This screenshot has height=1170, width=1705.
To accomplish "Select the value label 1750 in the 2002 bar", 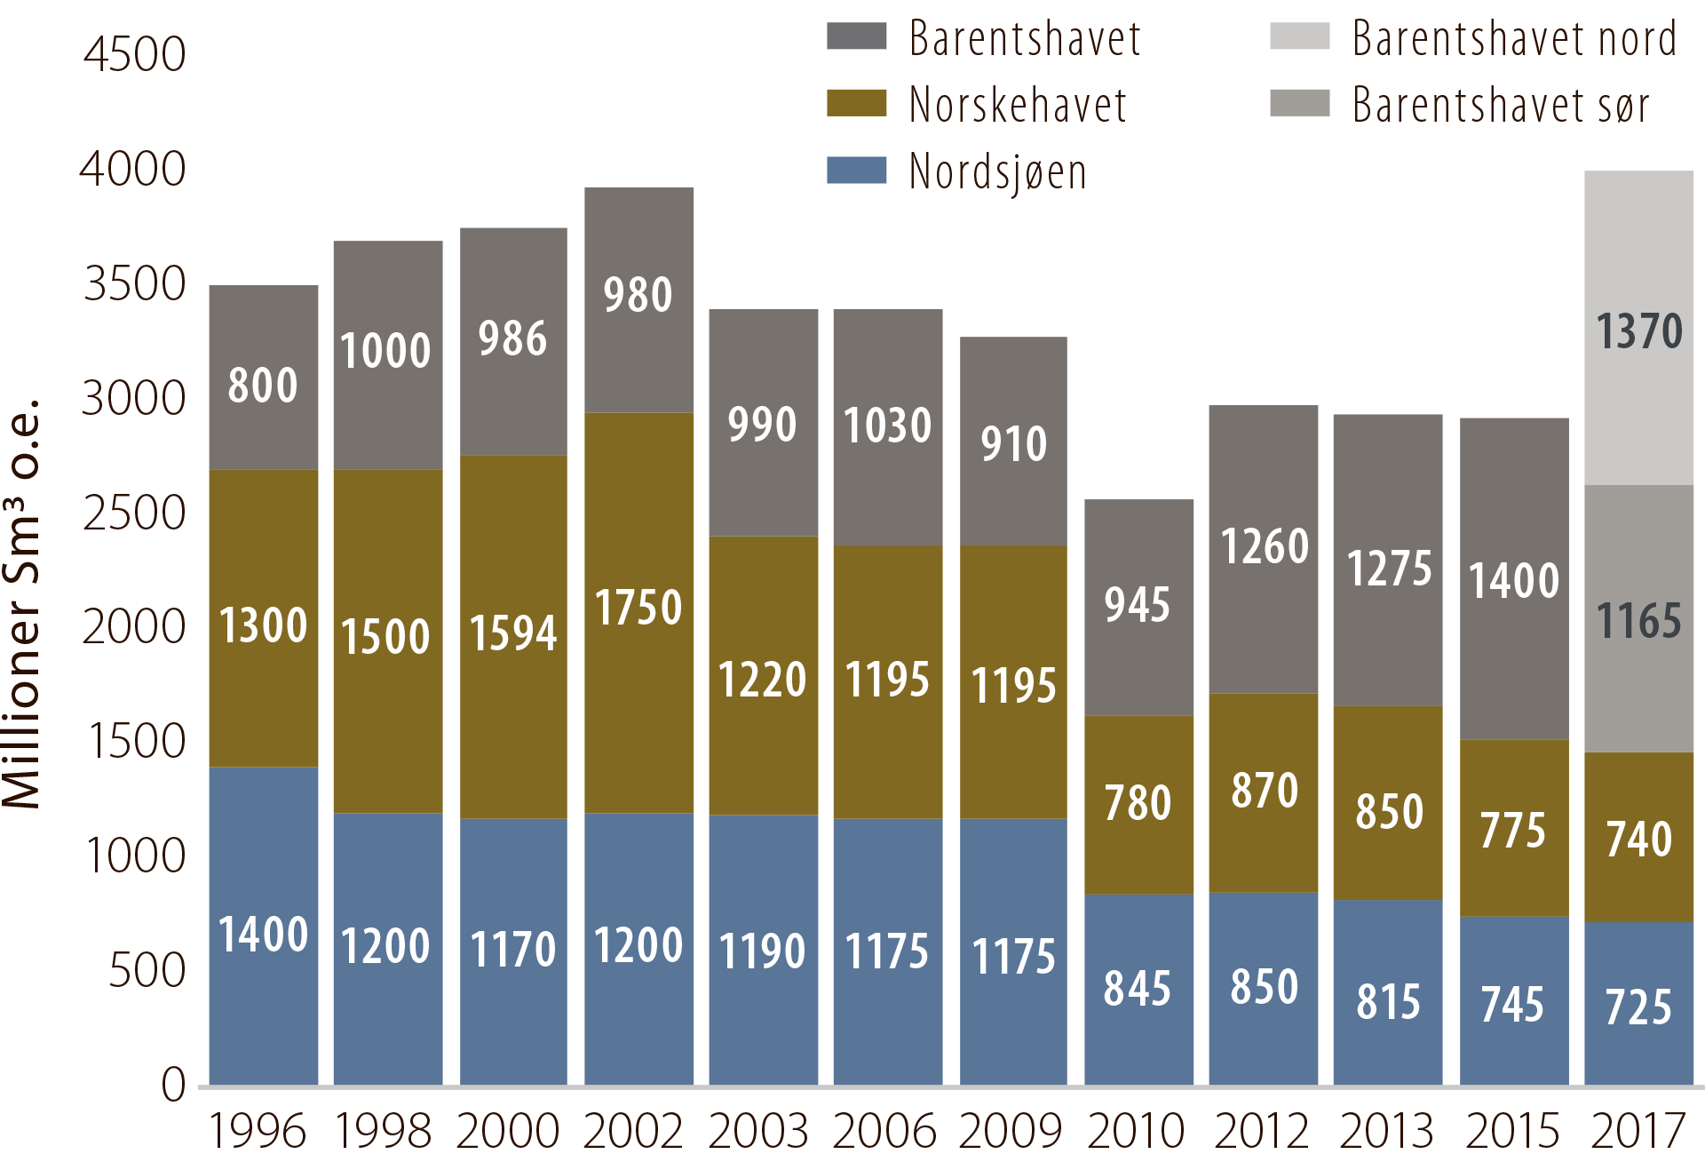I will pos(638,608).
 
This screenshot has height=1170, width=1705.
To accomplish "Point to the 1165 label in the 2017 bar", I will pos(1638,620).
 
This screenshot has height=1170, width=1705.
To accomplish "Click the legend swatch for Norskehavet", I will pos(856,103).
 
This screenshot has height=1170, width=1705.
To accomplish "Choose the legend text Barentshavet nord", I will pos(1514,39).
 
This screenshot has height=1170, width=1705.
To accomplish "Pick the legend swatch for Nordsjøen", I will pos(856,171).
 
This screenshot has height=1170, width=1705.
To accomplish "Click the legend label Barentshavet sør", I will pos(1501,105).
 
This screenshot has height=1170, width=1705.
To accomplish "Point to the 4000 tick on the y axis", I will pos(133,169).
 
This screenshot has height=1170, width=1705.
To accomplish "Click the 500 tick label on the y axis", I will pos(147,970).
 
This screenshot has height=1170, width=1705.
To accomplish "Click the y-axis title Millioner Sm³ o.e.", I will pos(21,604).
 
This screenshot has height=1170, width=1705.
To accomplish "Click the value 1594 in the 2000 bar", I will pos(512,633).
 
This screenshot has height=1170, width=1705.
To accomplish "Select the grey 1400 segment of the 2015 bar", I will pos(1513,579).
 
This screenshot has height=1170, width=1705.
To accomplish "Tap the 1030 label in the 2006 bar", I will pos(887,425).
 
